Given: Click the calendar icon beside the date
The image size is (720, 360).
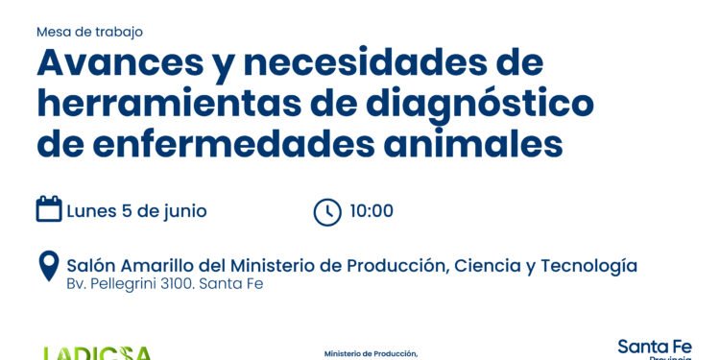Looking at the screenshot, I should [49, 209].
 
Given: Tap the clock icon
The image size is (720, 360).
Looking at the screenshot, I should [327, 211].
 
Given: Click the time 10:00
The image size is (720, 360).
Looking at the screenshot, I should [372, 211].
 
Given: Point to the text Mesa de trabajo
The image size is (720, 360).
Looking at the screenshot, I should [84, 31].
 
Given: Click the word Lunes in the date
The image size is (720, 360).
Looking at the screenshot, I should [92, 210].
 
